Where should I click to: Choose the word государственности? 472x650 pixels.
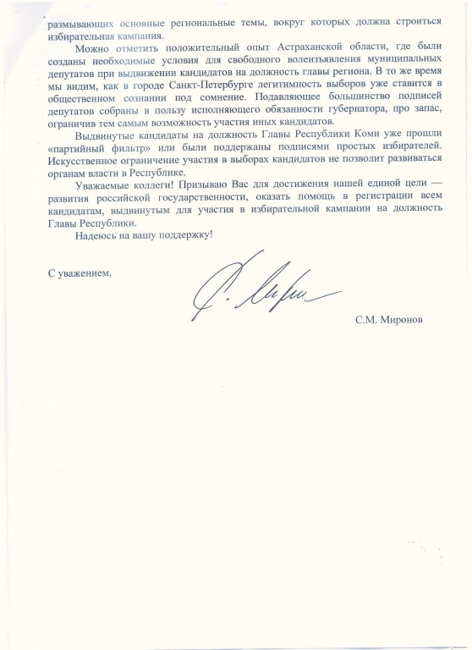coord(181,196)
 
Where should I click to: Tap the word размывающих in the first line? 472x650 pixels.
coord(69,8)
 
